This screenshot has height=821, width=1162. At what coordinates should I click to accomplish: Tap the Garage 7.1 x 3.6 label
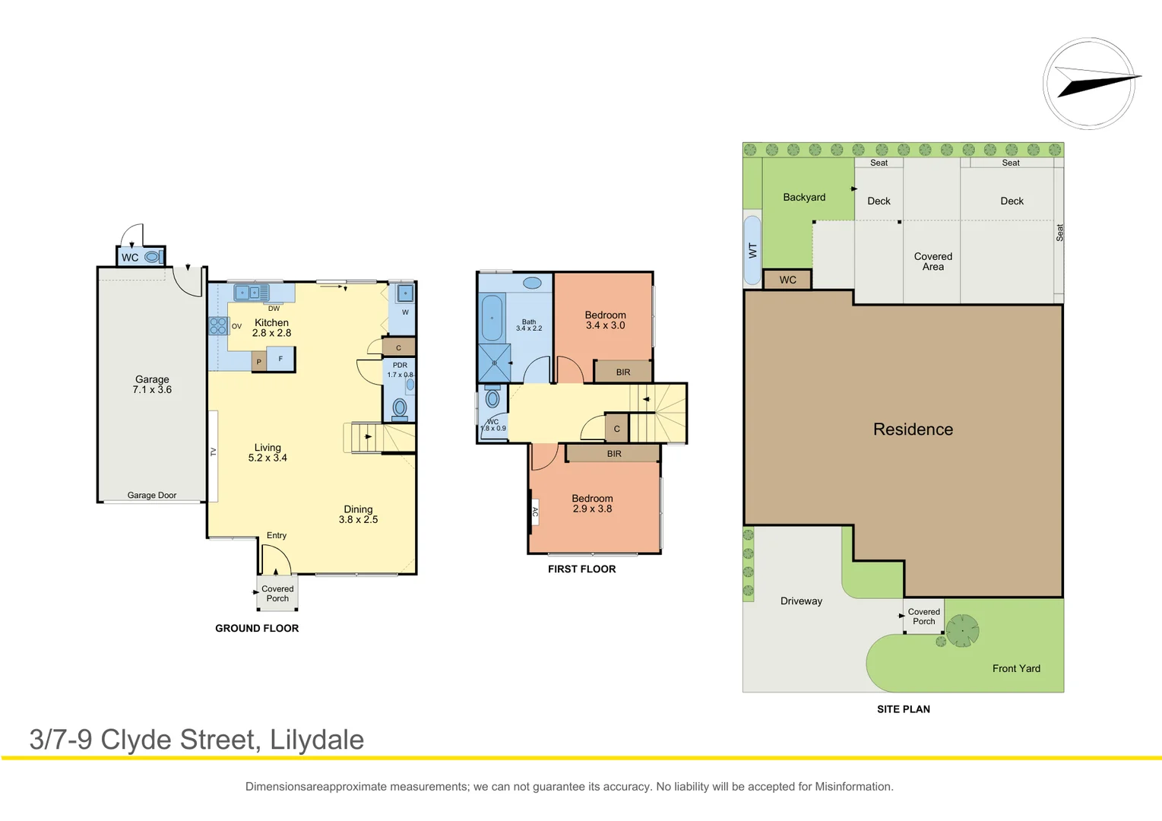(152, 385)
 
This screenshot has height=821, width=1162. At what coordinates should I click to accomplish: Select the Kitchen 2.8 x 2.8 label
(271, 328)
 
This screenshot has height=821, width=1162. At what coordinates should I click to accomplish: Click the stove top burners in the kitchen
(218, 326)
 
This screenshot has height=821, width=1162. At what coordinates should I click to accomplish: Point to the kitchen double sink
(251, 293)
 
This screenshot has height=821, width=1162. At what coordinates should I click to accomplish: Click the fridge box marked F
(281, 359)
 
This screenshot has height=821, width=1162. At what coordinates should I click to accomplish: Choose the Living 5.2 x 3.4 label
(268, 453)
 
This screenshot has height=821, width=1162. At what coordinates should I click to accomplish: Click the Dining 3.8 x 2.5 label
(358, 515)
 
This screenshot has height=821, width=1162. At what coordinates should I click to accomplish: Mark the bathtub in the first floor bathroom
(492, 318)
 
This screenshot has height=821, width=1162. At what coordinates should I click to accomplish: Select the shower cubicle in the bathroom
(494, 363)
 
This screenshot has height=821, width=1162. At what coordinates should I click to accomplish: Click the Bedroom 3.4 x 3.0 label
(605, 320)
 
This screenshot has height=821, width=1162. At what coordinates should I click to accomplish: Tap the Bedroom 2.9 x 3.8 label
(592, 504)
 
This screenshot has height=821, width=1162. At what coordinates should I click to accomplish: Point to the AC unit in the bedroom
(535, 512)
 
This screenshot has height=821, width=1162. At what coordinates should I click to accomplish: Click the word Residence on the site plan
(913, 430)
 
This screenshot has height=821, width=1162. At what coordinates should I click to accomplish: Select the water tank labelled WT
(752, 250)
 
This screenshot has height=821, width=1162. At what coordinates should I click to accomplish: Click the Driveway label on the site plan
(801, 601)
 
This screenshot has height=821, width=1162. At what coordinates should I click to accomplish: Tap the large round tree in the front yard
(962, 630)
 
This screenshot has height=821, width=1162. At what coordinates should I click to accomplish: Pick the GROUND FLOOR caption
(257, 629)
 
